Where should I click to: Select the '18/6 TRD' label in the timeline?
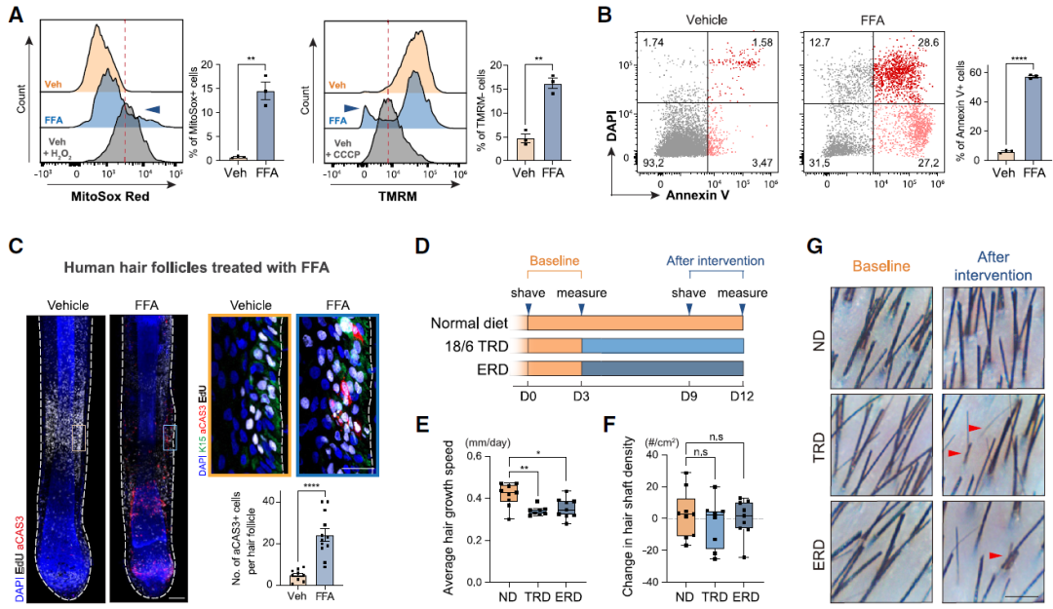click(476, 345)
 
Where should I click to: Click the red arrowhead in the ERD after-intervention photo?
click(995, 554)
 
